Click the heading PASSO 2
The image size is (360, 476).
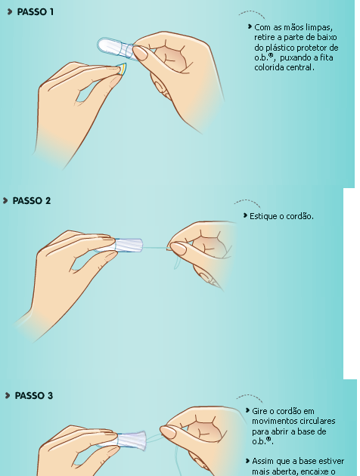tap(33, 201)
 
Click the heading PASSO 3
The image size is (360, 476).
tap(35, 395)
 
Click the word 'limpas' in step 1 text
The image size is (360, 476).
tap(317, 27)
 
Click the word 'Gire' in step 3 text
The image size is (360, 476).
tap(262, 412)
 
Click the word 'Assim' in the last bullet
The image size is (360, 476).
tap(264, 462)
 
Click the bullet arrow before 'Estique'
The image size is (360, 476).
tap(244, 215)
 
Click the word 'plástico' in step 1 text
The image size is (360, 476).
tap(278, 48)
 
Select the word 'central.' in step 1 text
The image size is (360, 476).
tap(299, 67)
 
